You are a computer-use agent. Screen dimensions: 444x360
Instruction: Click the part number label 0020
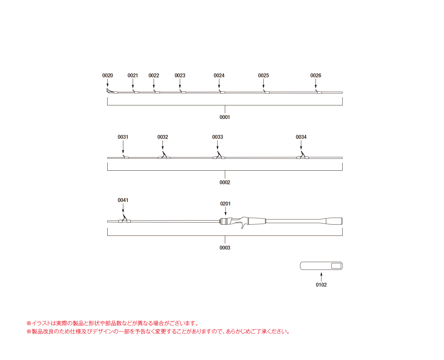pos(107,75)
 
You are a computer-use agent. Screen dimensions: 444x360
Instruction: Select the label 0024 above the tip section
pos(219,75)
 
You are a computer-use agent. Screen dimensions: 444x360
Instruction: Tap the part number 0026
pos(316,75)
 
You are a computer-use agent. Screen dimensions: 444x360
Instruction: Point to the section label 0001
pos(225,117)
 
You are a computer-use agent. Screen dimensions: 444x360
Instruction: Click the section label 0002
pos(225,182)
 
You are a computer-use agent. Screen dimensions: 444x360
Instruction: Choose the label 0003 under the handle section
pos(225,248)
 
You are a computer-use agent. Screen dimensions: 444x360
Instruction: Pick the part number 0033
pos(217,137)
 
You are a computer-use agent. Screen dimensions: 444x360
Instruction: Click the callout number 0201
pos(225,204)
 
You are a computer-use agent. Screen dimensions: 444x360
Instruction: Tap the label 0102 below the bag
pos(321,285)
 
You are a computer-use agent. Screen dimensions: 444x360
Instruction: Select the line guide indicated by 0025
pos(266,92)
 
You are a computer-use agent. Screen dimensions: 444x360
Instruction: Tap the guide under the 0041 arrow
pos(124,219)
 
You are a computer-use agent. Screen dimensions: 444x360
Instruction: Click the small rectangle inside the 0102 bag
pos(336,266)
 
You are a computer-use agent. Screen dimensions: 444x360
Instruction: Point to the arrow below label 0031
pos(123,147)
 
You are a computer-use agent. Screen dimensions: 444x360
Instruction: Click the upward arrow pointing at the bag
pos(321,277)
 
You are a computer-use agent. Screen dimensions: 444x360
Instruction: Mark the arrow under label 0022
pos(153,83)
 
